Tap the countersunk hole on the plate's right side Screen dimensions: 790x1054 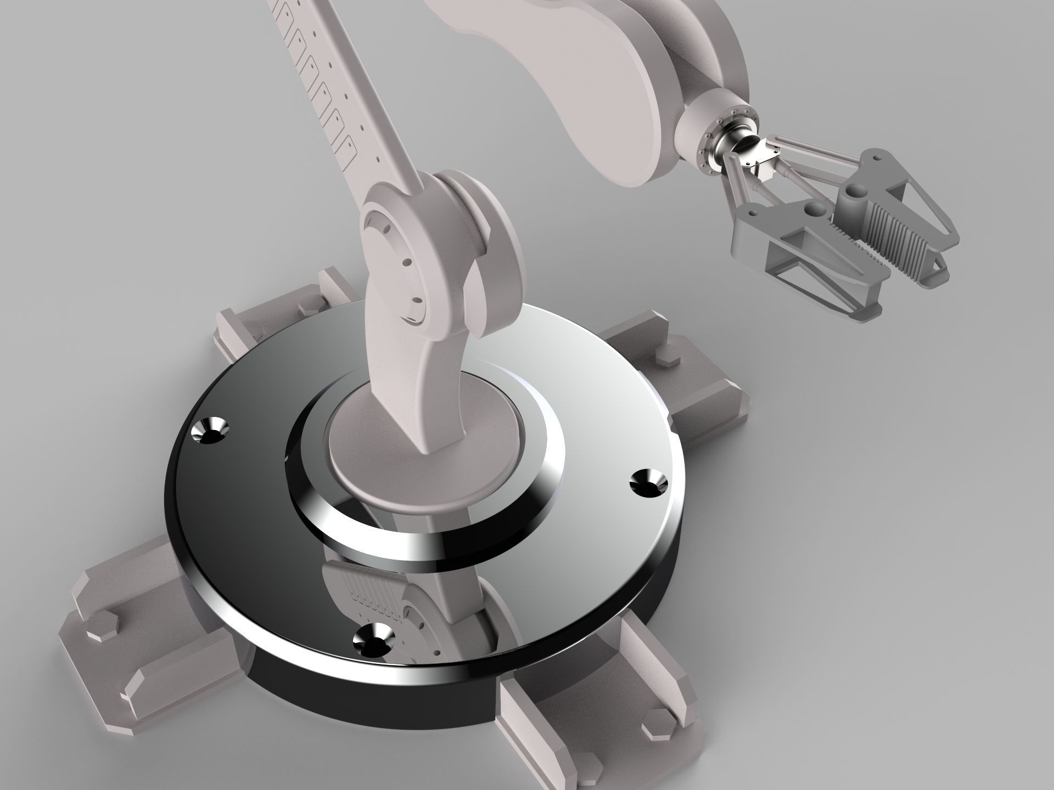[647, 483]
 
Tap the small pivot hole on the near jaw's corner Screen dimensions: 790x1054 [753, 211]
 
